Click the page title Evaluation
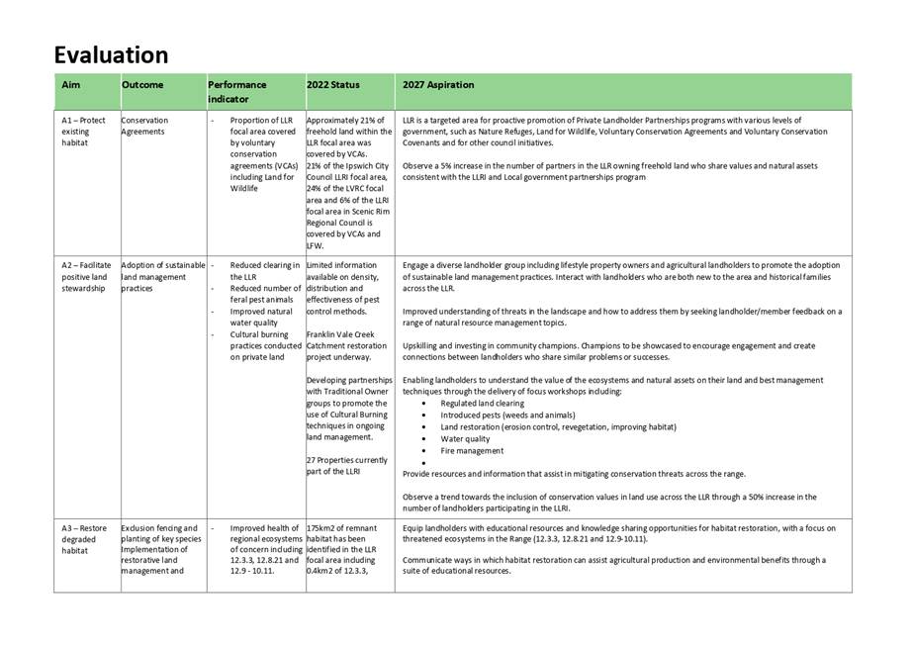tap(111, 54)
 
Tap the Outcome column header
tap(142, 85)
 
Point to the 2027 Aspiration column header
tap(438, 85)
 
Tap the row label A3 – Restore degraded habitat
tap(83, 539)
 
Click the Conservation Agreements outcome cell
tap(144, 126)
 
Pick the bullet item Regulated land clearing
tap(482, 403)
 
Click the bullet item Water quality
tap(465, 438)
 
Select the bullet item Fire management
tap(472, 450)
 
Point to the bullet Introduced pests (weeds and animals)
tap(505, 415)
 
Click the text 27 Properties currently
tap(347, 459)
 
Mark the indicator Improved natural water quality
tap(263, 317)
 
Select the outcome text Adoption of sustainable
tap(162, 265)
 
